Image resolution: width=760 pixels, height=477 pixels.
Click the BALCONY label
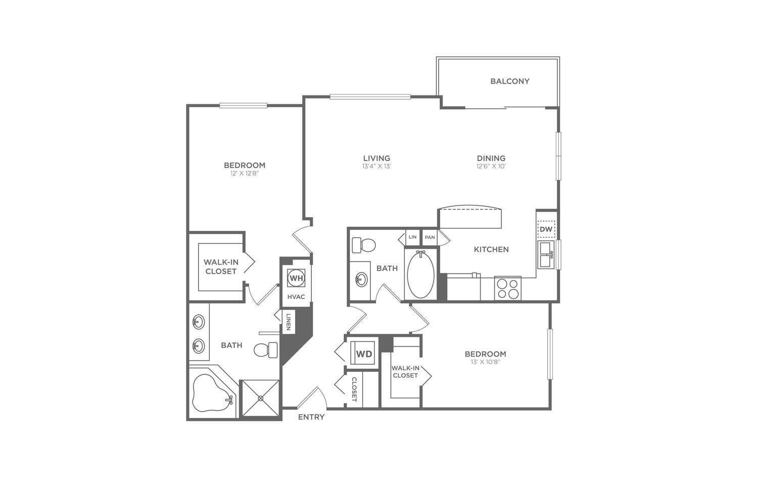tap(509, 81)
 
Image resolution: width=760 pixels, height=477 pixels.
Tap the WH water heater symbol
tap(296, 278)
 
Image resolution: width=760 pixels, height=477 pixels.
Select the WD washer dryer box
tap(364, 354)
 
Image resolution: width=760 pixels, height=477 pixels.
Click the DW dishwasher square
tap(546, 229)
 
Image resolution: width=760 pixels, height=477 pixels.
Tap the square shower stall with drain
tap(261, 399)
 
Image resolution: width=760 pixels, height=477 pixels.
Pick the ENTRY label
tap(311, 417)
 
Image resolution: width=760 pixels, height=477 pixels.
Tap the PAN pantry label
tap(430, 237)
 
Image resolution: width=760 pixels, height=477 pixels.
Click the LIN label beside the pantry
tap(412, 237)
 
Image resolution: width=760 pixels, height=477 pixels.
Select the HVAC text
tap(296, 296)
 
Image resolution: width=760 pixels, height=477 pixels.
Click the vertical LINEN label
tap(288, 322)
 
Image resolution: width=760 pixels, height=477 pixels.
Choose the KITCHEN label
tap(491, 249)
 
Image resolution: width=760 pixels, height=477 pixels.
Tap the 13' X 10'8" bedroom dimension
tap(485, 362)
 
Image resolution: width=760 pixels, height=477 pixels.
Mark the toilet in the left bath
tap(266, 350)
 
